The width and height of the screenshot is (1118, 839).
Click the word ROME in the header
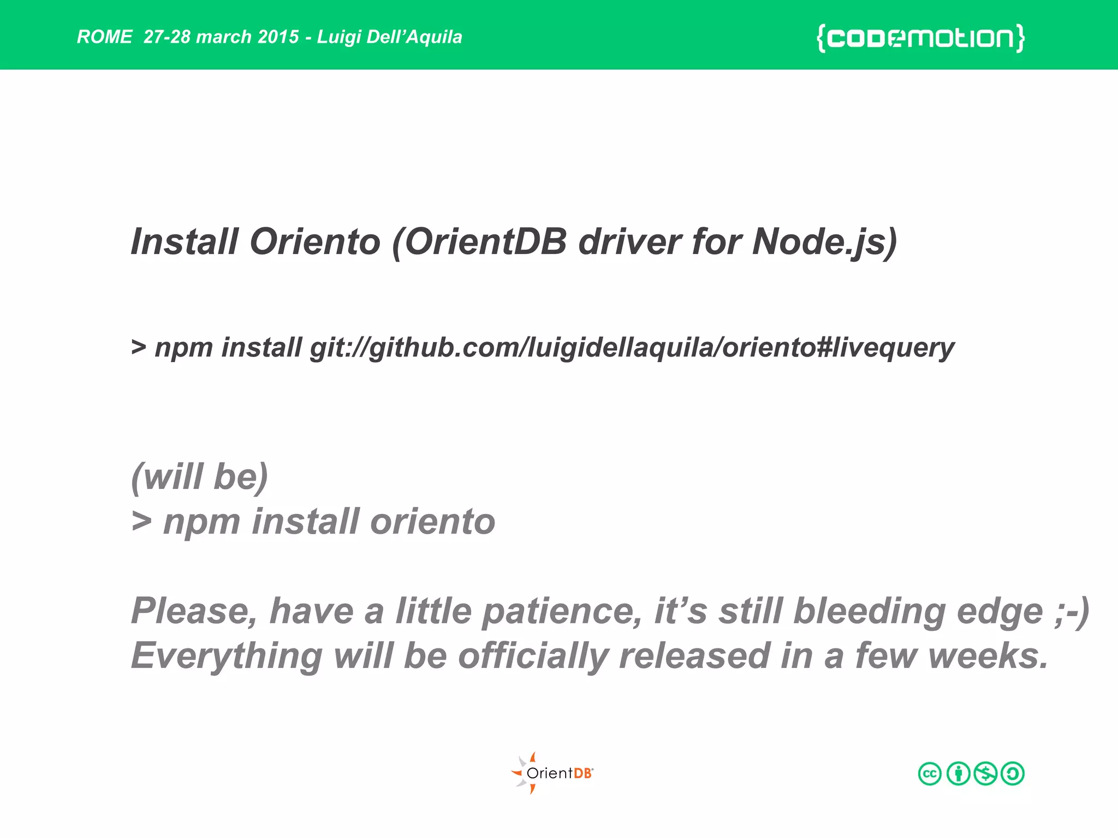pyautogui.click(x=104, y=37)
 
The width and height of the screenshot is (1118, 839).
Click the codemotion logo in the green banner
pyautogui.click(x=920, y=38)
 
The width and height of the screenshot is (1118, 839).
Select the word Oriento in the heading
pyautogui.click(x=315, y=241)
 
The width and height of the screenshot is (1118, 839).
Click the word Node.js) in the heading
pyautogui.click(x=824, y=241)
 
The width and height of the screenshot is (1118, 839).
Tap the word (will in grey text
pyautogui.click(x=168, y=476)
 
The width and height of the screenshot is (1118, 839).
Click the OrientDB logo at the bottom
pyautogui.click(x=552, y=773)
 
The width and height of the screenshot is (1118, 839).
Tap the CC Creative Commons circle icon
pyautogui.click(x=930, y=773)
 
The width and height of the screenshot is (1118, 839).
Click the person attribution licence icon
pyautogui.click(x=958, y=773)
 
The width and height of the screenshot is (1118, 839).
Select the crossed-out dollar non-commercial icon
pyautogui.click(x=985, y=773)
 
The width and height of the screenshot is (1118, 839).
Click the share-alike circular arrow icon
pyautogui.click(x=1013, y=773)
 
